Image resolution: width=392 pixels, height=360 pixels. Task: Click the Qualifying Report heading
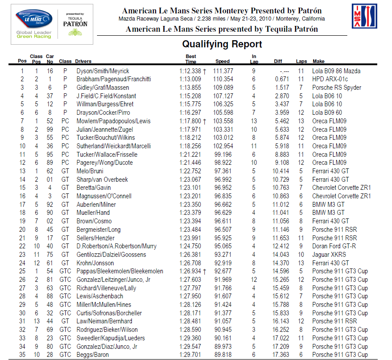222,44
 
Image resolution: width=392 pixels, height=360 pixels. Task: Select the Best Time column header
191,59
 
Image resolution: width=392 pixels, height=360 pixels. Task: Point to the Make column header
319,62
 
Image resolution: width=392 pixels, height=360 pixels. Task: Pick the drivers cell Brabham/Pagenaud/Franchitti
114,79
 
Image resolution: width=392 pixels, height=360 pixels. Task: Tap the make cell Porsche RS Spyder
337,88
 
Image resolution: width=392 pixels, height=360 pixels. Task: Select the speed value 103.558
223,121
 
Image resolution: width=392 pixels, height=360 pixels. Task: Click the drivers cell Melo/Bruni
91,171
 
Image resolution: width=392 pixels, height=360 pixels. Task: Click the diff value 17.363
281,355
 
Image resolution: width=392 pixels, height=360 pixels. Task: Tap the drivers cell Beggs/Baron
93,355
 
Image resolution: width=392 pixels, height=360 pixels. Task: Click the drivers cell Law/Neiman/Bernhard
104,321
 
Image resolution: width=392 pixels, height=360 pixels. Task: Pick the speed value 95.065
223,246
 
